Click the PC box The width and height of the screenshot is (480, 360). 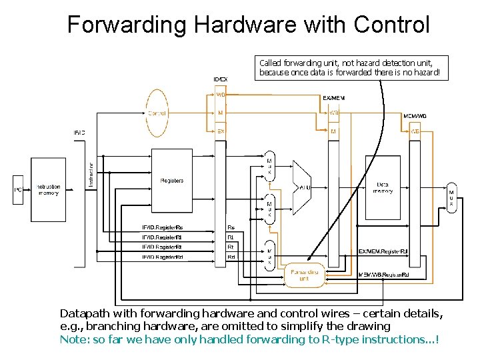coord(19,191)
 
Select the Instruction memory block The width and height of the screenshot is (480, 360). coord(47,190)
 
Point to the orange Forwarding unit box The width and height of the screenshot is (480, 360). coord(304,275)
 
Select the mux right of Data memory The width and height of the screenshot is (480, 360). coord(451,197)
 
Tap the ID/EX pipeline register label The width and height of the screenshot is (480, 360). coord(220,79)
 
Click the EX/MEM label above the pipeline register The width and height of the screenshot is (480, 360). coord(334,98)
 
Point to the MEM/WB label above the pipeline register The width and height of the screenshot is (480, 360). coord(415,116)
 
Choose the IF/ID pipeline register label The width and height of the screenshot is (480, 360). coord(79,132)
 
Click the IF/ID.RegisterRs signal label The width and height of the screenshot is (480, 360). coord(162,227)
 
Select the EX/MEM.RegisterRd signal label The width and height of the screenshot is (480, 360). coord(382,251)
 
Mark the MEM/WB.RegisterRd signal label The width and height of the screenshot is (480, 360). coord(383,275)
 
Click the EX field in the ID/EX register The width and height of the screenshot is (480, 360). coord(221,131)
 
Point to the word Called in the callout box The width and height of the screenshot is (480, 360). coord(271,62)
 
